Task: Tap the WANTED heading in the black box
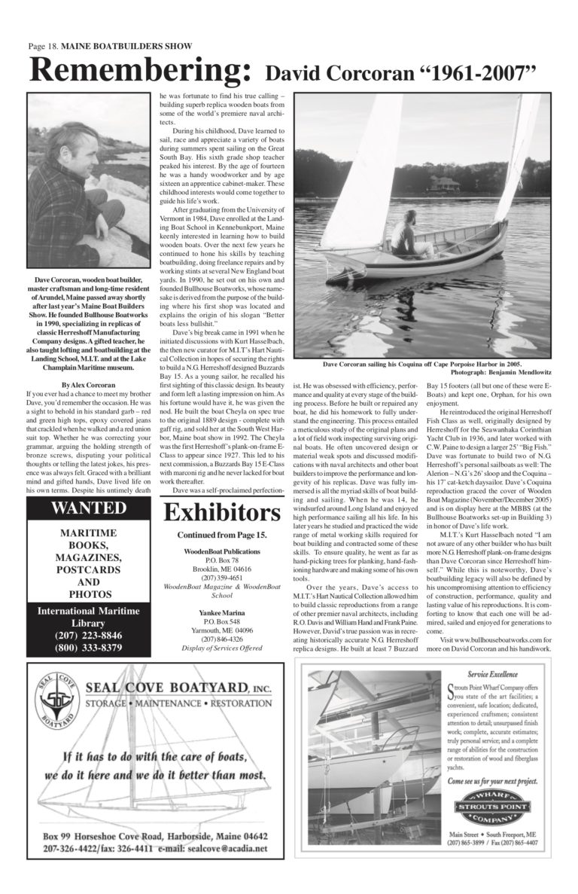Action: [x=89, y=508]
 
